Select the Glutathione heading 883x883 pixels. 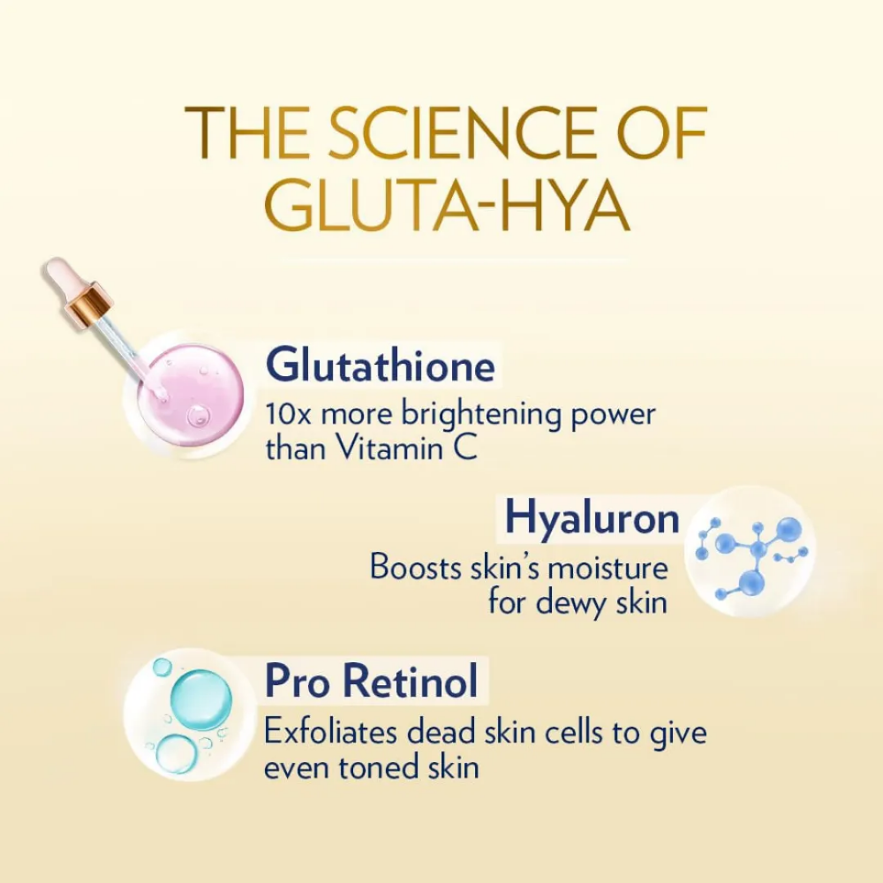(380, 365)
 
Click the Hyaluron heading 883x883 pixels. (592, 518)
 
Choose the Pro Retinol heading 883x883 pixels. (372, 682)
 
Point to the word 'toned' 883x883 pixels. (381, 766)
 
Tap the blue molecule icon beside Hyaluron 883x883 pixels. (751, 552)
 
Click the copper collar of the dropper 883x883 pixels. (88, 305)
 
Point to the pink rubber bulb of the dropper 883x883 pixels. (62, 275)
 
